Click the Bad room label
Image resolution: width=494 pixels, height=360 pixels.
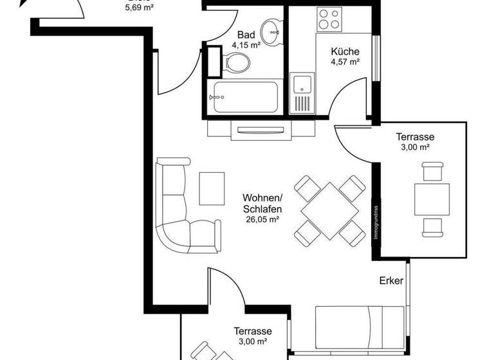tap(246, 35)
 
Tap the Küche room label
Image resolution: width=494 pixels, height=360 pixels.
tap(345, 52)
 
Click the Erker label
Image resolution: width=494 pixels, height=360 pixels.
tap(390, 281)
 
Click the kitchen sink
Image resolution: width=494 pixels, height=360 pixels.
tap(302, 84)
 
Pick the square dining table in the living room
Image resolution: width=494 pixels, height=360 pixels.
tap(330, 210)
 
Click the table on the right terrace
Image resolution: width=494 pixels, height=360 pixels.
tap(431, 199)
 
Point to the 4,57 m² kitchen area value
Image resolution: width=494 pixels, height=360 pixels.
tap(345, 62)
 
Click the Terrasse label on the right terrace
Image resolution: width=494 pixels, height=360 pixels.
tap(415, 136)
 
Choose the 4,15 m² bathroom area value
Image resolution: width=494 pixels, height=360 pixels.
tap(246, 46)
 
